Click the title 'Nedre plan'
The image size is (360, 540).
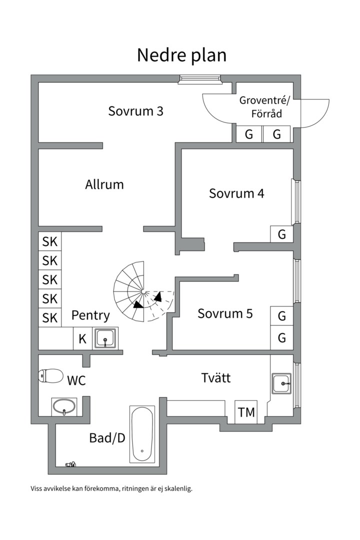click(181, 55)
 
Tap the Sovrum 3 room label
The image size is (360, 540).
click(135, 111)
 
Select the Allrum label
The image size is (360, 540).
click(104, 184)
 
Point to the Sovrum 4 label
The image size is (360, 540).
click(236, 193)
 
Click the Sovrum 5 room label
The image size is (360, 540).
click(225, 313)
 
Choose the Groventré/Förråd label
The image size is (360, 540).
click(265, 107)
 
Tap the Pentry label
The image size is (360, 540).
click(90, 315)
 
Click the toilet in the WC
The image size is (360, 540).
click(50, 375)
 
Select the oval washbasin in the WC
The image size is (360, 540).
click(64, 406)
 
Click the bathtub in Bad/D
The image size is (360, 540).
click(142, 434)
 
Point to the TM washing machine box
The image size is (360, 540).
click(246, 412)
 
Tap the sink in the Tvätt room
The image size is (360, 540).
click(282, 383)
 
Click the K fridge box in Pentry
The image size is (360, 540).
click(82, 338)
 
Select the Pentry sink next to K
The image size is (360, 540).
click(105, 338)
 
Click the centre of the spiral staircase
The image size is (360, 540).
click(143, 291)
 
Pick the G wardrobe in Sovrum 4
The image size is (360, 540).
click(282, 234)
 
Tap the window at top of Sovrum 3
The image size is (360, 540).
click(200, 79)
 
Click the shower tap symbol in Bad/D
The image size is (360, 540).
click(70, 464)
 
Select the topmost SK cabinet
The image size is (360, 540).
click(50, 241)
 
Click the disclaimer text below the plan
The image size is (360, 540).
click(111, 488)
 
